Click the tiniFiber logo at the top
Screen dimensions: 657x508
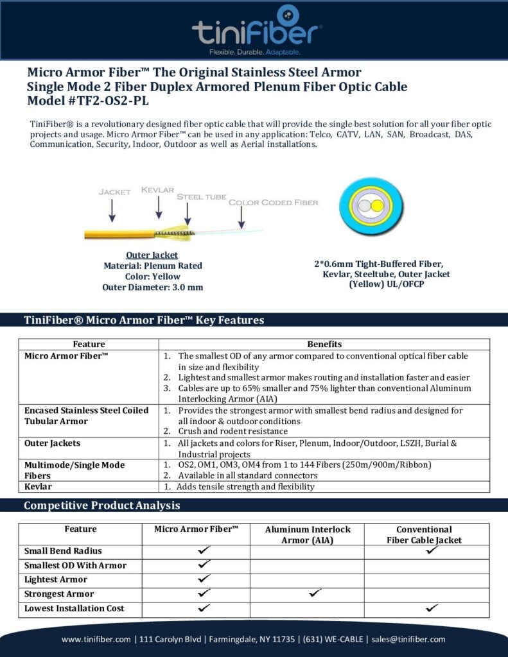[x=256, y=30]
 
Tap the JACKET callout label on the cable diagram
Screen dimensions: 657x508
[x=115, y=191]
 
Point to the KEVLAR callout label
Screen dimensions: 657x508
[x=158, y=190]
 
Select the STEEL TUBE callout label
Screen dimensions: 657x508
[x=201, y=197]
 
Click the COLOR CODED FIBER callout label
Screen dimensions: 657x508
[x=274, y=203]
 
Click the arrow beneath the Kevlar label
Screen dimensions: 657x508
[x=159, y=209]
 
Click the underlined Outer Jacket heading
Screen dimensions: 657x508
[x=152, y=255]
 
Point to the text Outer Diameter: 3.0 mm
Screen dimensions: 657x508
[x=152, y=287]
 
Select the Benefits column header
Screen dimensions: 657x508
[x=324, y=345]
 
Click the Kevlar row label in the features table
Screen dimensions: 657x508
[x=38, y=486]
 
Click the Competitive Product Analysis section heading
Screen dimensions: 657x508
[x=101, y=506]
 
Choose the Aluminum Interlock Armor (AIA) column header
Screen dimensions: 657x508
[x=308, y=534]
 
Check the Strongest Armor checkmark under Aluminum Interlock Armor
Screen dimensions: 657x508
[x=315, y=593]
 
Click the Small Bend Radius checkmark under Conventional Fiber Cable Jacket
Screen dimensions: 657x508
[x=432, y=550]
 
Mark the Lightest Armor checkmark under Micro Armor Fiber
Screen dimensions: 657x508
[x=204, y=579]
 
